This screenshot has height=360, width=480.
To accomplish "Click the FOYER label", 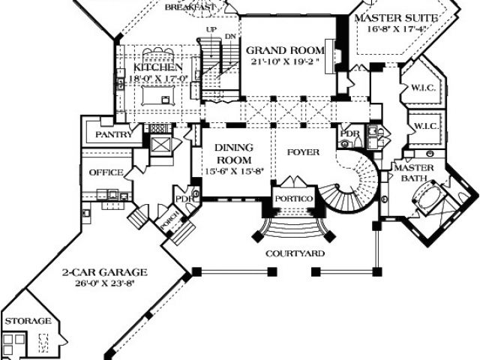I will click(x=303, y=152).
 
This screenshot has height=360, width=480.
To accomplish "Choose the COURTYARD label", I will click(x=295, y=253).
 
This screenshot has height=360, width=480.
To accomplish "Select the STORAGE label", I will click(x=28, y=321).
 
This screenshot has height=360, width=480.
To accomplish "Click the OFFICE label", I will click(x=106, y=172).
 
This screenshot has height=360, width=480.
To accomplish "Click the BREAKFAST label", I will click(x=190, y=6).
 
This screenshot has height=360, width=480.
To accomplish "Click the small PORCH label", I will click(x=166, y=224).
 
